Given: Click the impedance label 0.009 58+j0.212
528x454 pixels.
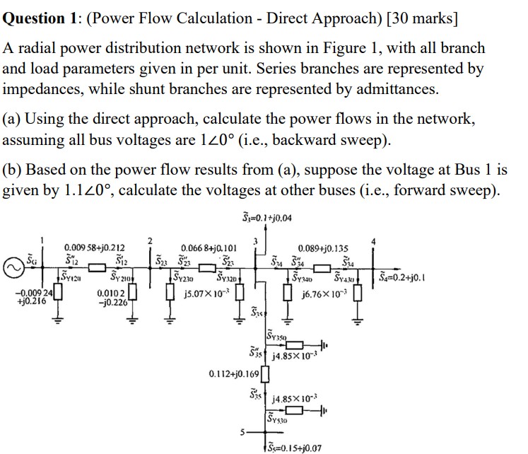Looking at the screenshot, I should point(95,248).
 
